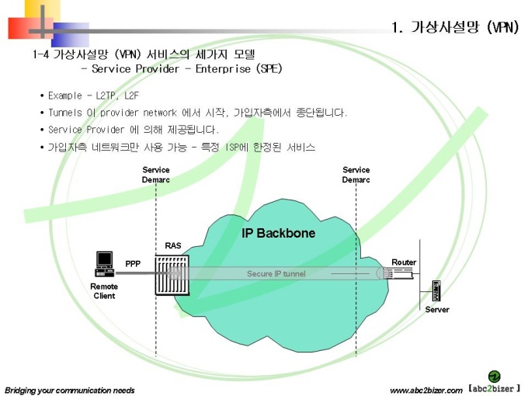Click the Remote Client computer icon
point(104,264)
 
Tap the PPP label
point(133,264)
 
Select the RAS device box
point(172,275)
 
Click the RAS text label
point(172,246)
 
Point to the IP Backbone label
point(278,233)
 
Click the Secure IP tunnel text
point(276,273)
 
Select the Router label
point(404,262)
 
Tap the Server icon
point(436,290)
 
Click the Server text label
point(437,310)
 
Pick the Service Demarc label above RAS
point(155,175)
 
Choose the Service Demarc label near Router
point(356,175)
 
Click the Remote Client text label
point(104,291)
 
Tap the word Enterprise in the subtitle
point(223,69)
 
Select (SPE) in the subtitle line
point(269,68)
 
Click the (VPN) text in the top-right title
point(502,26)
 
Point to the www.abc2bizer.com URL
point(426,391)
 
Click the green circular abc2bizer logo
point(494,377)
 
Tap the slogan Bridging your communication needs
point(70,391)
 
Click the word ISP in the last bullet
point(232,148)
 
